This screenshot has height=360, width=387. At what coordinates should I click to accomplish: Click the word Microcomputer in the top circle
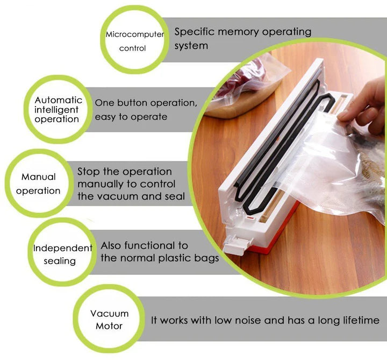click(135, 34)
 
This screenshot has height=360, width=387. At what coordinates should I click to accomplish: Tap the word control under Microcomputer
click(132, 48)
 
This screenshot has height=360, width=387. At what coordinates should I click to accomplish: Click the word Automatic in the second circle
click(58, 100)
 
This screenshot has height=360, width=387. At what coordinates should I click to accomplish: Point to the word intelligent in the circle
click(56, 110)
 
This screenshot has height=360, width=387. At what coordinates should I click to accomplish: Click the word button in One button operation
click(132, 103)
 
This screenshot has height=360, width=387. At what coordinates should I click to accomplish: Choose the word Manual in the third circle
click(39, 177)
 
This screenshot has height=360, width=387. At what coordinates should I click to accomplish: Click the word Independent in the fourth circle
click(63, 248)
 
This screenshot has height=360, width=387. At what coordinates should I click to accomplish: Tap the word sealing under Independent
click(60, 261)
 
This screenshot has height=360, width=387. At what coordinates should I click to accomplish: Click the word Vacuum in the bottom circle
click(109, 314)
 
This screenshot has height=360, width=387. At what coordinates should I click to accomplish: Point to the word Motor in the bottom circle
click(109, 326)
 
